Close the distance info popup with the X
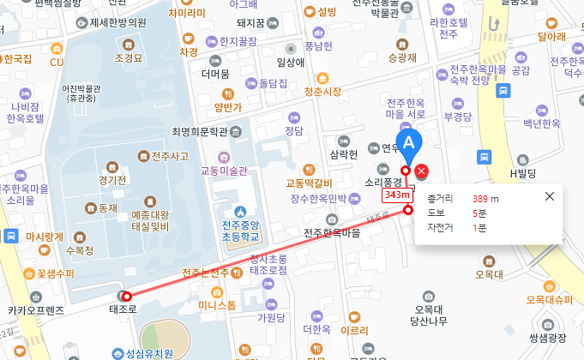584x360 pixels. [x=550, y=196]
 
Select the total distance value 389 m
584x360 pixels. [x=485, y=198]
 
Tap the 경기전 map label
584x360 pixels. [x=112, y=180]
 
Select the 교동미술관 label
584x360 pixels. [x=224, y=171]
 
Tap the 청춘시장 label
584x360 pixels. [x=322, y=91]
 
